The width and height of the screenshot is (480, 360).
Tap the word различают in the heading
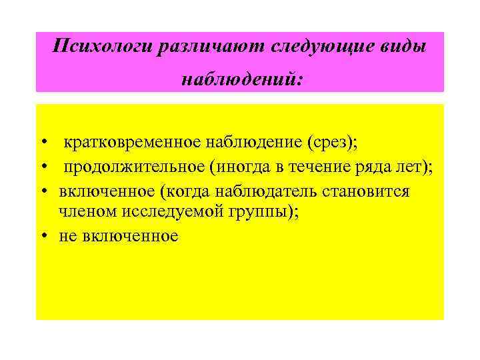[211, 47]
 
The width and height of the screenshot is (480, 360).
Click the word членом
[86, 212]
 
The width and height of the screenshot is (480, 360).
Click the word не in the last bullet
[67, 237]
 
